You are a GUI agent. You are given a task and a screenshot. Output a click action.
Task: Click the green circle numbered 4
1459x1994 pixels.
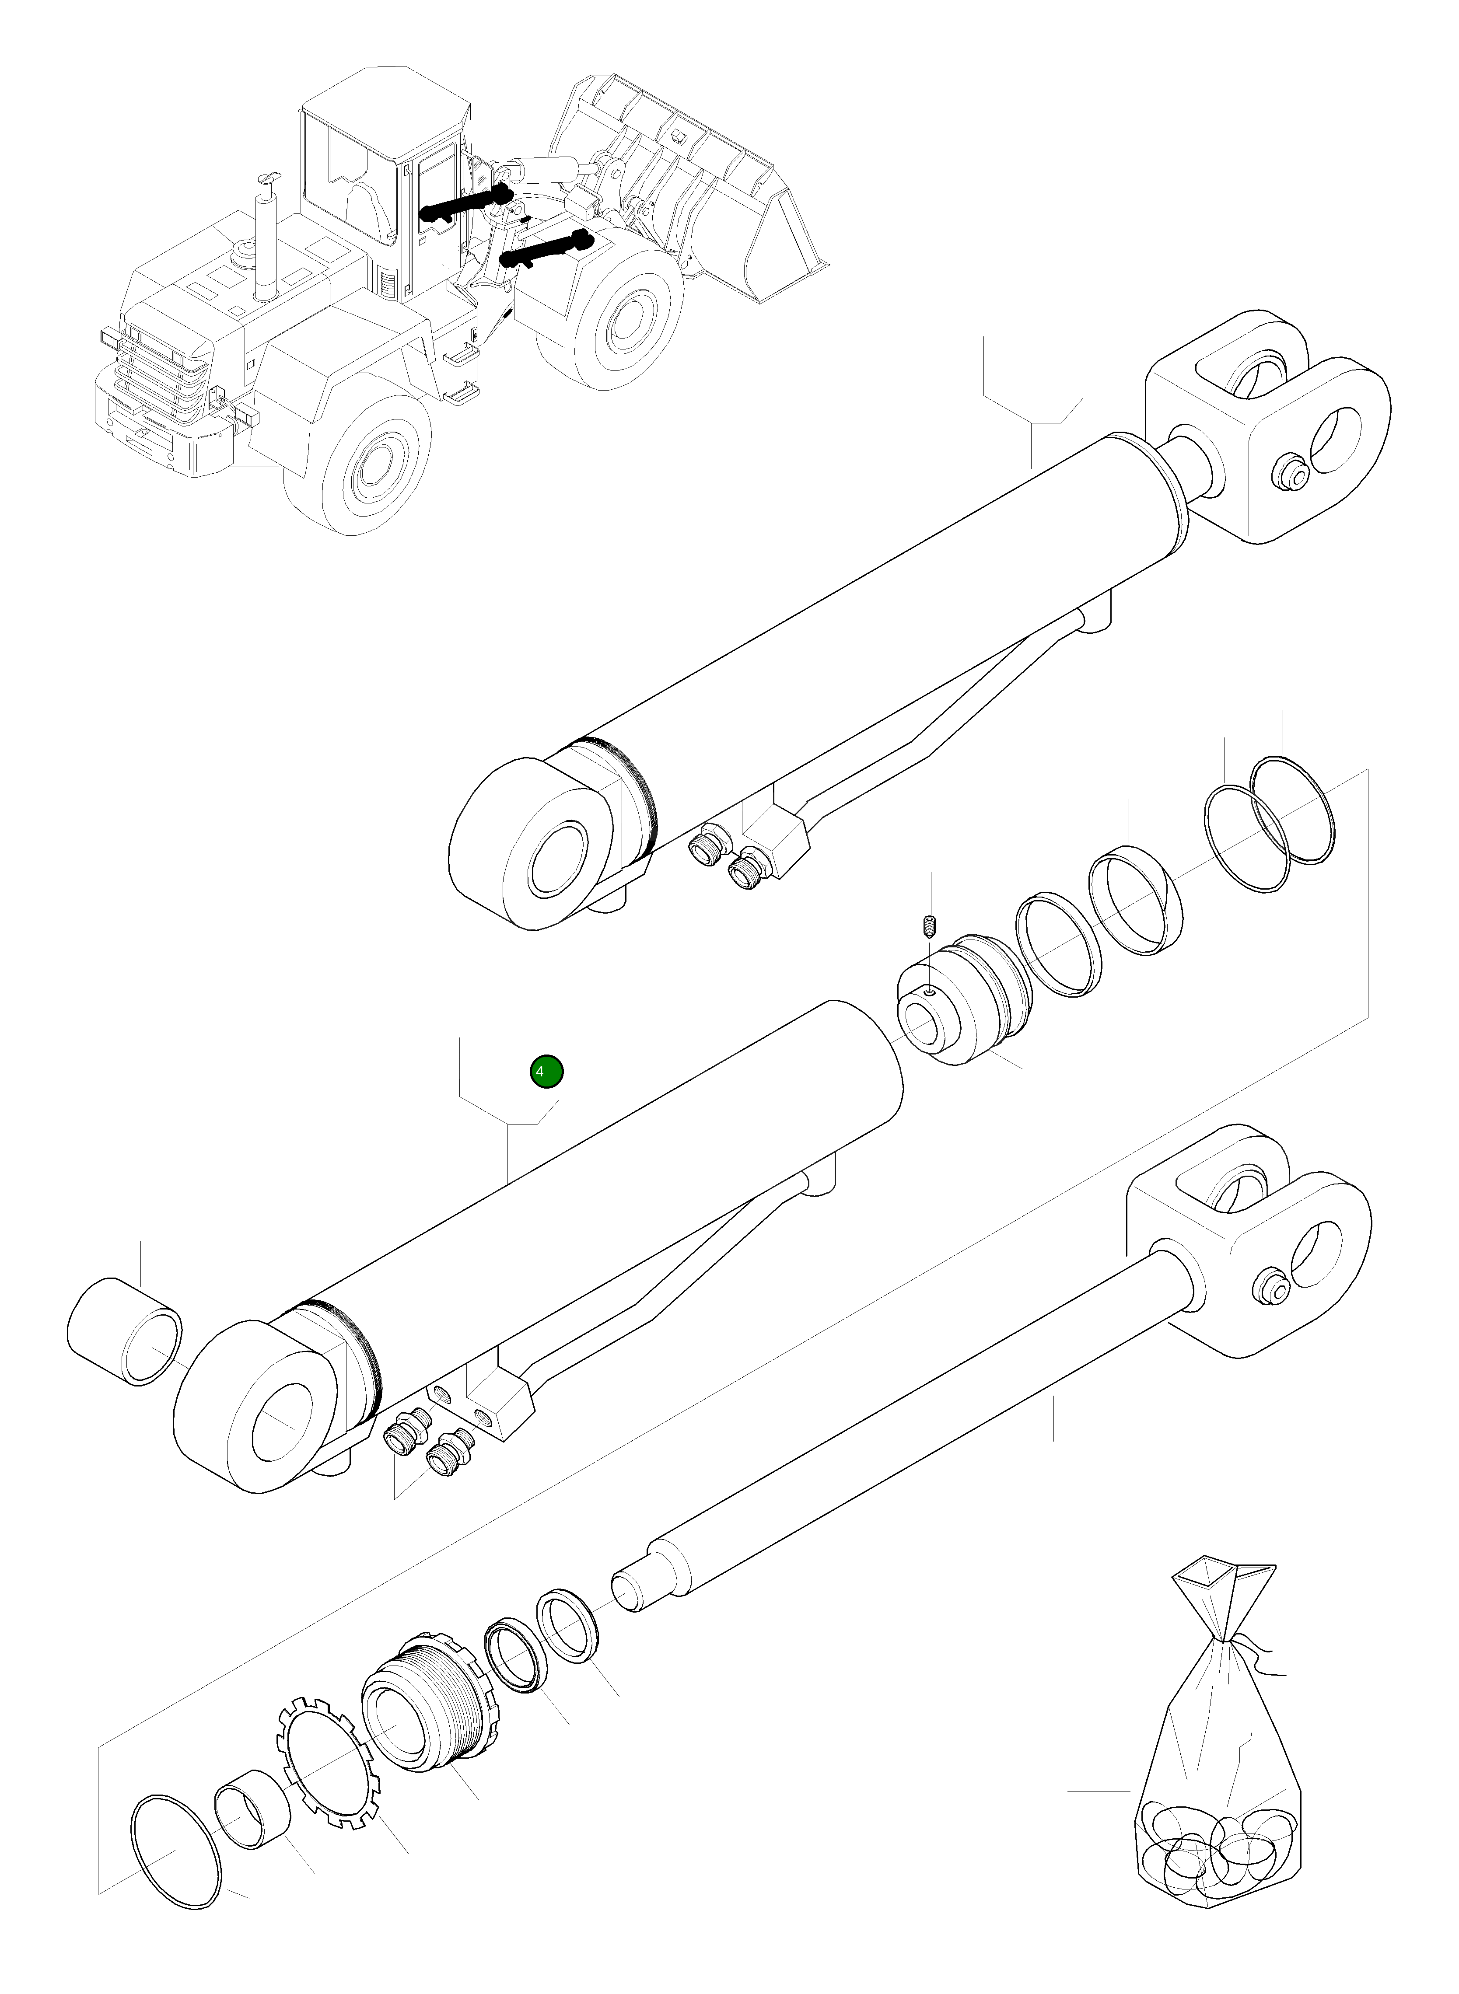coord(546,1071)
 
